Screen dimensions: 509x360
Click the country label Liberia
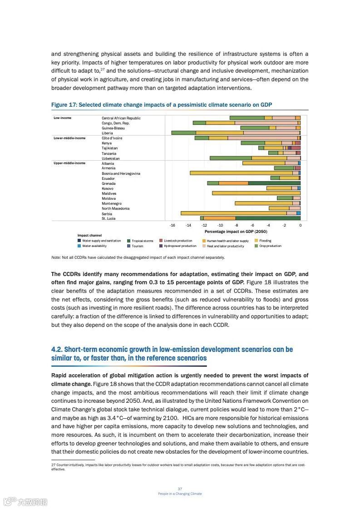tap(107, 133)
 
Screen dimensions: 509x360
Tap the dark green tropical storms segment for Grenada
tap(274, 183)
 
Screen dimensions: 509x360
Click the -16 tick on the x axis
tap(173, 225)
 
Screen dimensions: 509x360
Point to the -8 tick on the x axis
tap(237, 225)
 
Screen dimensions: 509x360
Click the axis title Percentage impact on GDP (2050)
tap(236, 232)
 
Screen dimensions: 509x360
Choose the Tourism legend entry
tap(137, 246)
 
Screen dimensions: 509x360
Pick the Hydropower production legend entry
tap(180, 246)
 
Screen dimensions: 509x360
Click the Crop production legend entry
tap(270, 246)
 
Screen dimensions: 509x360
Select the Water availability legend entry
tap(94, 246)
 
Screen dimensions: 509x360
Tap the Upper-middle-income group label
tap(69, 163)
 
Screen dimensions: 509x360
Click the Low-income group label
tap(62, 118)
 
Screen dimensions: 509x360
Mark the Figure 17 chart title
tap(161, 105)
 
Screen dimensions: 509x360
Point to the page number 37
tap(180, 489)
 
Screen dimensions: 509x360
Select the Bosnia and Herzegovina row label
tap(121, 173)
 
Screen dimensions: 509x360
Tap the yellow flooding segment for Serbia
tap(233, 213)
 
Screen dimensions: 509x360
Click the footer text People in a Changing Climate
tap(180, 494)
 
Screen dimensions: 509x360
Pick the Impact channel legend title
tap(89, 235)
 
